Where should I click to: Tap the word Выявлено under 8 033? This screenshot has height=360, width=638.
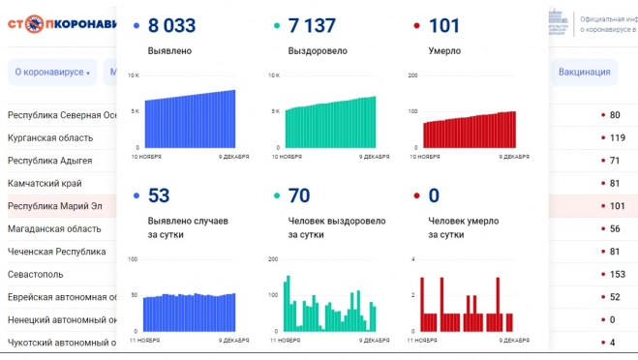tap(169, 50)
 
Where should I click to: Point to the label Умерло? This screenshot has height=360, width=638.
tap(444, 50)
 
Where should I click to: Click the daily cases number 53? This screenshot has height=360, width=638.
tap(159, 196)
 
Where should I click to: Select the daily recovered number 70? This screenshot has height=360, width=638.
tap(299, 196)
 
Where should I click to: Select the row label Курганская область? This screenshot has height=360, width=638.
tap(50, 137)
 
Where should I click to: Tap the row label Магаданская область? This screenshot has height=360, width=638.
tap(54, 228)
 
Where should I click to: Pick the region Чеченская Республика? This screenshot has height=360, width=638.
tap(57, 252)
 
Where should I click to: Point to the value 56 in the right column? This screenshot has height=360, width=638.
tap(615, 228)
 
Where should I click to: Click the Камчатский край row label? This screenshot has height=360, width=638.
tap(45, 183)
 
